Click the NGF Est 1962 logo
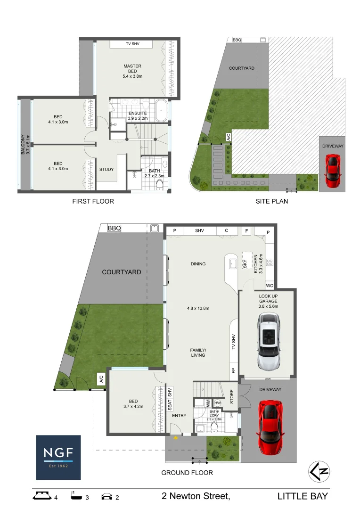pos(58,457)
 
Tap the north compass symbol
pos(319,471)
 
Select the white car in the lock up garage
pos(268,342)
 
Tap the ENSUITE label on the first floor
pos(138,114)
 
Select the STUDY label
pos(106,170)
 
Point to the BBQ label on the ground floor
pos(115,228)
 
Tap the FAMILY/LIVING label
pos(198,352)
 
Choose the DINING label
pos(198,264)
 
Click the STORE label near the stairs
pos(231,396)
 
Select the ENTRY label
pos(180,416)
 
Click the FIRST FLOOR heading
pos(93,201)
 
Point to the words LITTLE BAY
pos(302,496)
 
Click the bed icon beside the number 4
pos(42,496)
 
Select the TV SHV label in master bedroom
pos(132,44)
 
